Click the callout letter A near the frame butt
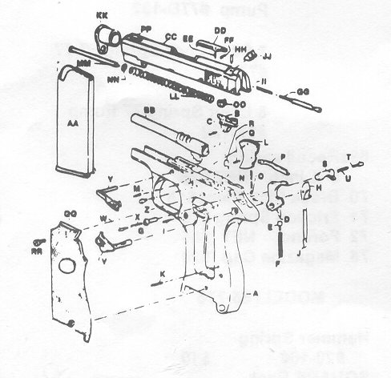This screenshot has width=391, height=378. pyautogui.click(x=256, y=294)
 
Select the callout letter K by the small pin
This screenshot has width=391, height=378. pyautogui.click(x=162, y=274)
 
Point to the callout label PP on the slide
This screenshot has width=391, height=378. pyautogui.click(x=146, y=27)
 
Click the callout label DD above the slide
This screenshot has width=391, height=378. pyautogui.click(x=220, y=30)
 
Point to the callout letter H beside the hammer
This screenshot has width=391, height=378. pyautogui.click(x=317, y=187)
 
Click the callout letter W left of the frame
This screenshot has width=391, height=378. pyautogui.click(x=103, y=218)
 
